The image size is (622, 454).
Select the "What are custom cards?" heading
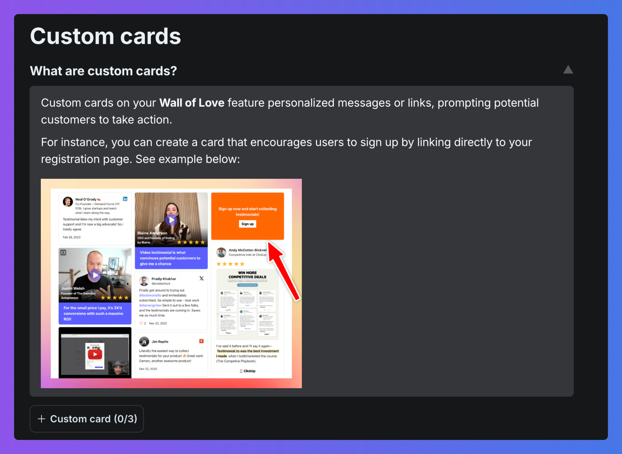click(103, 71)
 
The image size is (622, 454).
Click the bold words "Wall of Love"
click(192, 103)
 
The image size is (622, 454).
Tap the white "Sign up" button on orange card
click(247, 224)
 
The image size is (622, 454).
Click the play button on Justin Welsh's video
click(95, 275)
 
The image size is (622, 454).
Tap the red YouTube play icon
click(95, 354)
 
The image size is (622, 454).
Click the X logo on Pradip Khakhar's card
click(201, 278)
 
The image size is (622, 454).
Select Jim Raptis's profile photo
click(144, 342)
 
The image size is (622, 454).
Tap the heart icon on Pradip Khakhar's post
click(141, 323)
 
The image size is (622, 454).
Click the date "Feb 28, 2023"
click(72, 237)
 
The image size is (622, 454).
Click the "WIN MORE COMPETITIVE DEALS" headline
click(247, 275)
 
